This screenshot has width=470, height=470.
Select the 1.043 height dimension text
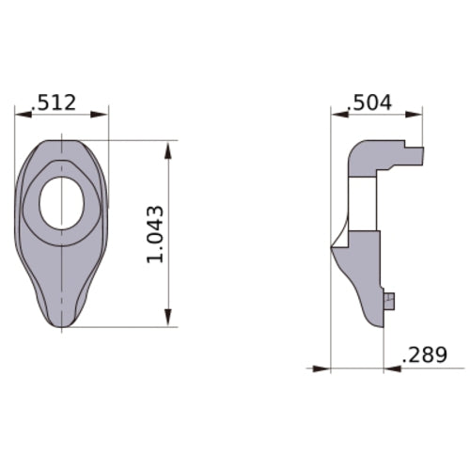click(x=157, y=234)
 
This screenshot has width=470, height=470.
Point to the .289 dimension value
click(x=424, y=356)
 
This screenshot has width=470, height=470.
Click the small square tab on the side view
click(x=390, y=300)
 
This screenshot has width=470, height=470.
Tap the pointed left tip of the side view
click(x=332, y=247)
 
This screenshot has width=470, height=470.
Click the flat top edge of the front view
click(x=61, y=141)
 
